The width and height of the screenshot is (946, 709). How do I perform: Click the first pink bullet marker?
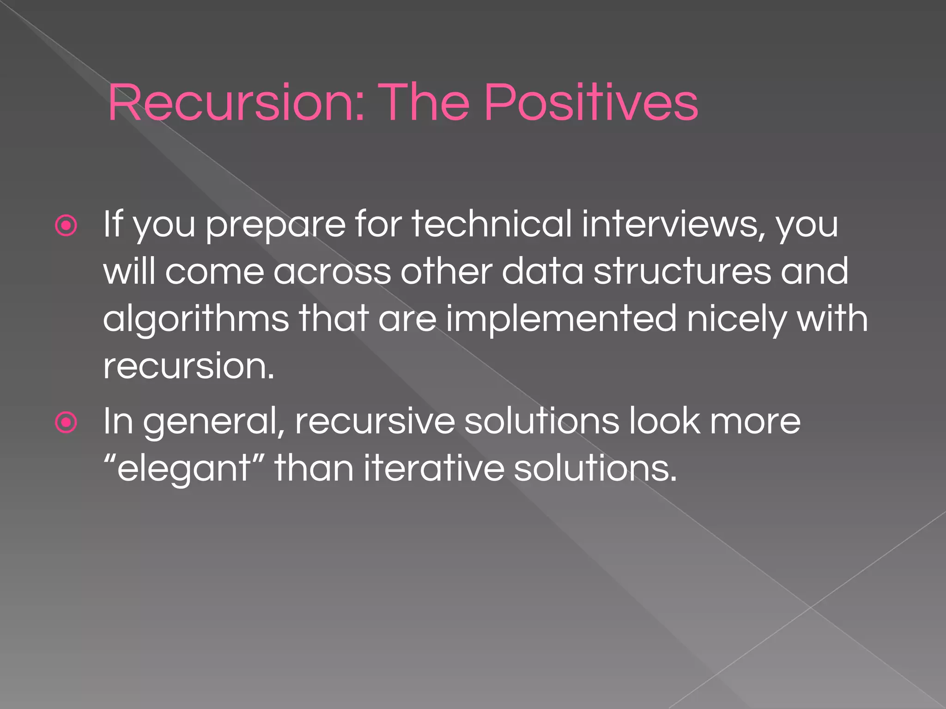(66, 226)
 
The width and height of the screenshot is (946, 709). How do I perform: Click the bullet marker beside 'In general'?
(66, 422)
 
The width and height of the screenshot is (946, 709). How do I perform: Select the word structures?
(682, 272)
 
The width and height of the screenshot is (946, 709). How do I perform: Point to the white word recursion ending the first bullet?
(188, 367)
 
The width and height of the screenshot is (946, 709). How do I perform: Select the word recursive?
(375, 422)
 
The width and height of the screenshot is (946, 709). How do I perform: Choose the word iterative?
(434, 468)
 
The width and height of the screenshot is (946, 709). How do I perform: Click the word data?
(543, 271)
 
